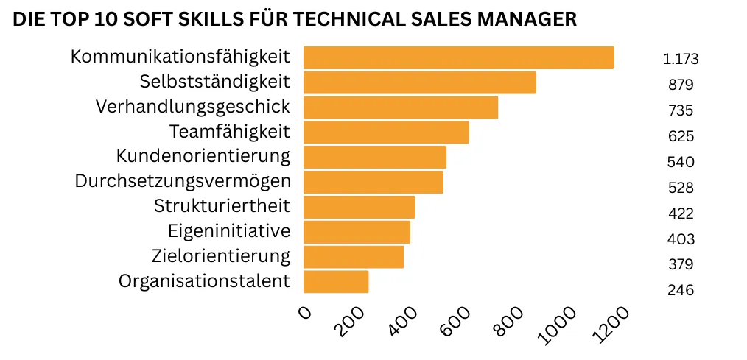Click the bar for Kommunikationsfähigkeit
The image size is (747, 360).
pyautogui.click(x=458, y=57)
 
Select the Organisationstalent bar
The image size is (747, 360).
pyautogui.click(x=336, y=282)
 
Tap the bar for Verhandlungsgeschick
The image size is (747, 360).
pyautogui.click(x=401, y=107)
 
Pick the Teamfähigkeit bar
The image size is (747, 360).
pyautogui.click(x=386, y=133)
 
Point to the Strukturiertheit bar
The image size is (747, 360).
pyautogui.click(x=360, y=207)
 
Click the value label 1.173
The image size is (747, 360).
pyautogui.click(x=680, y=60)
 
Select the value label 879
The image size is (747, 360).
pyautogui.click(x=680, y=85)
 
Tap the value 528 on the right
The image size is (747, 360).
pyautogui.click(x=680, y=188)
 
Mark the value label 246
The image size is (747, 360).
pyautogui.click(x=680, y=290)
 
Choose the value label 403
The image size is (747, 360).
pyautogui.click(x=680, y=239)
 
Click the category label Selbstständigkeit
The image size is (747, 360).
pyautogui.click(x=214, y=81)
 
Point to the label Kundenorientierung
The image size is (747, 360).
pyautogui.click(x=203, y=156)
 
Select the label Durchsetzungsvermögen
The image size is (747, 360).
pyautogui.click(x=182, y=181)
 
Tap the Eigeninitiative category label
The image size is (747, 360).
pyautogui.click(x=229, y=231)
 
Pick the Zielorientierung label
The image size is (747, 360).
pyautogui.click(x=220, y=256)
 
